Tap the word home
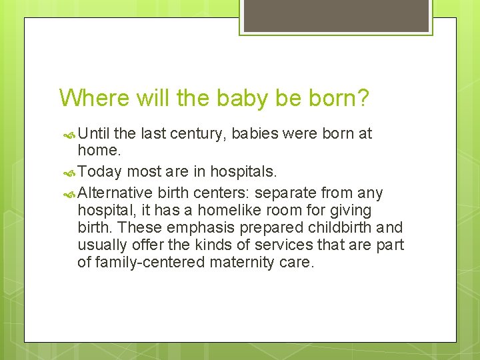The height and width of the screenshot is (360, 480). [x=99, y=151]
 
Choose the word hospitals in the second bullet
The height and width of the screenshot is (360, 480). [x=243, y=172]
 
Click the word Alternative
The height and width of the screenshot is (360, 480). [x=115, y=193]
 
